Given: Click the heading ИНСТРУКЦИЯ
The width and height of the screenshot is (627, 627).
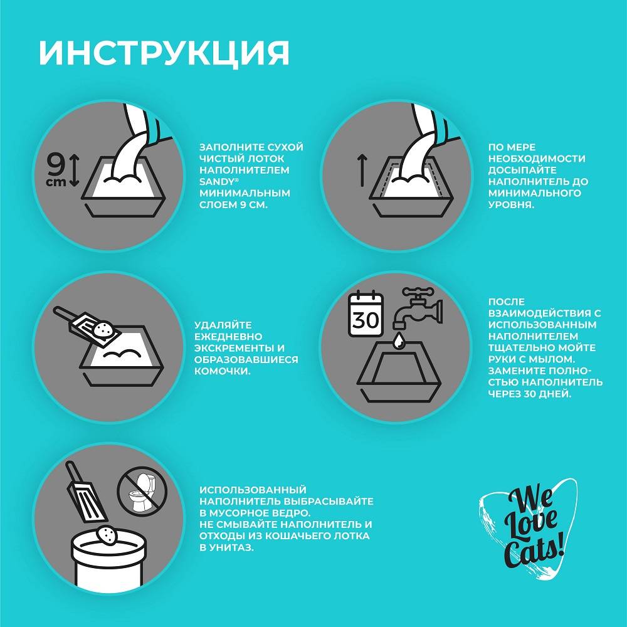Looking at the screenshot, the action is (164, 53).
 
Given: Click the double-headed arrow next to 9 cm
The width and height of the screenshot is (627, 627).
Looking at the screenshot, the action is (75, 171).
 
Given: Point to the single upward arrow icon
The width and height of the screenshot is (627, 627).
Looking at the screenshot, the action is (362, 171).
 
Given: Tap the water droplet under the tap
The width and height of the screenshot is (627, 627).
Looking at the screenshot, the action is (399, 341).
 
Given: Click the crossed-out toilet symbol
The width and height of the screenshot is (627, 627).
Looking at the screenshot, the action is (142, 490).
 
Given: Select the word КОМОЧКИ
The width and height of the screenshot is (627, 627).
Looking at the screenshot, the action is (223, 371).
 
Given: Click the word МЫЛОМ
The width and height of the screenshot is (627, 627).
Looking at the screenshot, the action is (549, 359).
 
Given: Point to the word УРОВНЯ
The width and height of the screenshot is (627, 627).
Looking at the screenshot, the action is (511, 205).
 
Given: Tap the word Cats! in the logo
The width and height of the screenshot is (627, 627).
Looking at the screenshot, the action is (534, 554).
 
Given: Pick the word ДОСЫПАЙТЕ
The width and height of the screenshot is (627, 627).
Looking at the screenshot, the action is (520, 170).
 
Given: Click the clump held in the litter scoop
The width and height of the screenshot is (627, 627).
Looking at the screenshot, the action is (102, 329).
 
